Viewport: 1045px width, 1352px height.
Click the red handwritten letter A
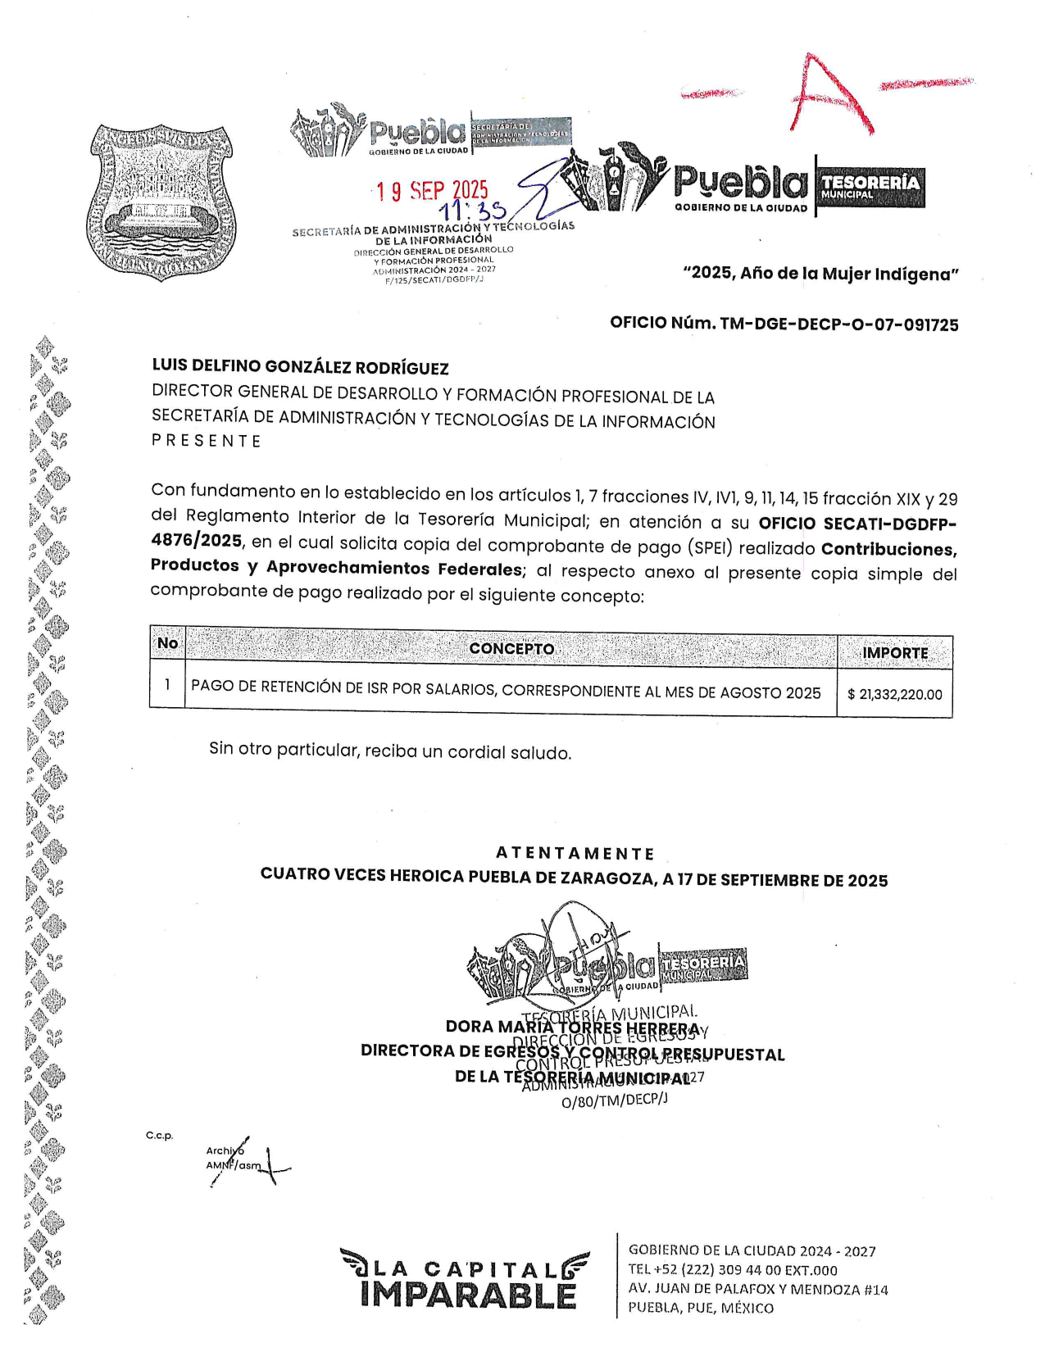[x=828, y=96]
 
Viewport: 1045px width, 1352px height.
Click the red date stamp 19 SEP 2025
[x=432, y=191]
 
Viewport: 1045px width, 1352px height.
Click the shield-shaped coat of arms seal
[x=162, y=204]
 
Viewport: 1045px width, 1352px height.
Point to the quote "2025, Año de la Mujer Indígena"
[x=820, y=274]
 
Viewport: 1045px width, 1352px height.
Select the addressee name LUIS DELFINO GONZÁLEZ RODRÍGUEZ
[x=300, y=368]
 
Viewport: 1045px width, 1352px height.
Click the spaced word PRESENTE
[x=206, y=441]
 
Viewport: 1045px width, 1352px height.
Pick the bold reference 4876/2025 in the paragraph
[x=196, y=541]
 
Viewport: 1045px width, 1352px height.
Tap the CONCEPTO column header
[x=511, y=649]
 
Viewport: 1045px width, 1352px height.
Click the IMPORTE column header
[x=894, y=653]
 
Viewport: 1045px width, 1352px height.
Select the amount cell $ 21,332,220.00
[x=894, y=695]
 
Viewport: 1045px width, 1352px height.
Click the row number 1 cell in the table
[x=167, y=684]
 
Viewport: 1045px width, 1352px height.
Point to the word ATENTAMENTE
[x=575, y=854]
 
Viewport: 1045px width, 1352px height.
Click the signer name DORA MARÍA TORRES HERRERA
[x=572, y=1028]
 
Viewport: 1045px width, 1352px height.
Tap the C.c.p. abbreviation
[x=160, y=1136]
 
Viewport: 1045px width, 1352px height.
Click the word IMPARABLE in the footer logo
[x=468, y=1295]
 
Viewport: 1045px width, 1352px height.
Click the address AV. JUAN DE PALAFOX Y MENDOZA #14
[x=757, y=1289]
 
